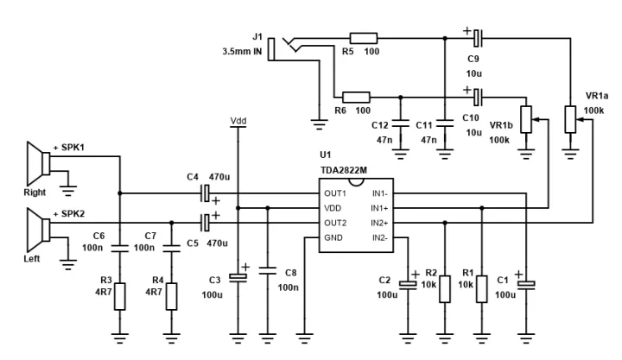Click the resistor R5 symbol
[x=364, y=38]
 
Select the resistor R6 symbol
[x=356, y=98]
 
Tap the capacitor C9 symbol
[x=479, y=38]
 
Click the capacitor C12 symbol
[x=400, y=122]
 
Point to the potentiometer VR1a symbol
[x=569, y=119]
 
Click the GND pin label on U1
[x=334, y=237]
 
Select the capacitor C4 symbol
[x=206, y=193]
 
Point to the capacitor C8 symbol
[x=268, y=271]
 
